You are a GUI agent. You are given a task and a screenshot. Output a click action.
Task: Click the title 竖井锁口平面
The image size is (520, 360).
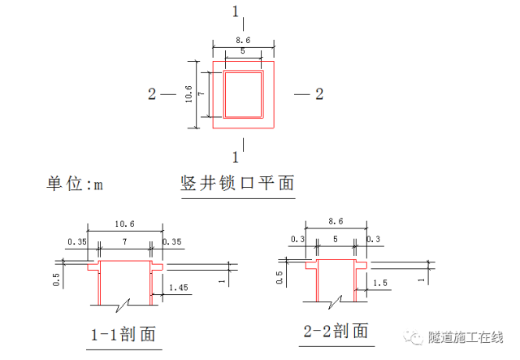pos(236,184)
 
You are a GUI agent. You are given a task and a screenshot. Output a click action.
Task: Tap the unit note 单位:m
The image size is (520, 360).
pos(76,184)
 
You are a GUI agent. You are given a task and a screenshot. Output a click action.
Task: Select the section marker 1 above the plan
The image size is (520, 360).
pos(236,11)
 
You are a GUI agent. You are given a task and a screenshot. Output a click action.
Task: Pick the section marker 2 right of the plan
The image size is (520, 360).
pos(319,94)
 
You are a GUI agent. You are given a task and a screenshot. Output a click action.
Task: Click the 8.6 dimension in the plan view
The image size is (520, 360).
pos(242,40)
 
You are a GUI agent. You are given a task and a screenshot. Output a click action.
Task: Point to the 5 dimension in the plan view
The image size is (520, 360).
pos(241,51)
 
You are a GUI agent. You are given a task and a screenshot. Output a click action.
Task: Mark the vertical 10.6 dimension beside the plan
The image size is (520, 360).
pos(188,94)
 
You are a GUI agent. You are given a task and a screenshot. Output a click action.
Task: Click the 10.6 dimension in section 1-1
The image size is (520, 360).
pos(126,224)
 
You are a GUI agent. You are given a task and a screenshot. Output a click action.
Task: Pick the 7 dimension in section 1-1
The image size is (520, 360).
pos(125,241)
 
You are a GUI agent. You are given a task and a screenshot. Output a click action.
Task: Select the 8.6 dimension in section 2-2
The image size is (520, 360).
pos(335,221)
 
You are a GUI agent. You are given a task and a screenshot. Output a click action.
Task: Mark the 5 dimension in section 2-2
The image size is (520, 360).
pos(335,240)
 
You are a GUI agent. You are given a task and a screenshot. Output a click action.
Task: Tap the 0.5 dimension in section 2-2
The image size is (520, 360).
pos(279,278)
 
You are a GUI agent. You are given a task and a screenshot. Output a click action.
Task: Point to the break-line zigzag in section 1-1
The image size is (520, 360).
pos(124,306)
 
